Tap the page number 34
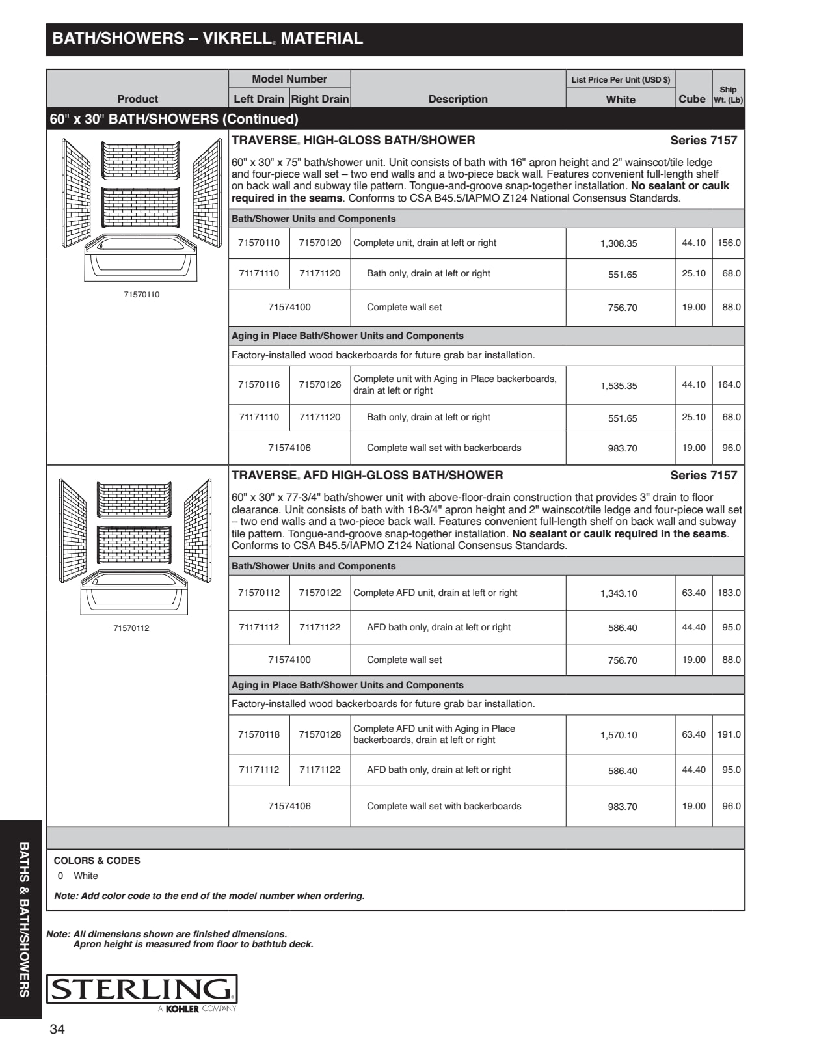(x=57, y=1029)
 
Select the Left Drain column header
(x=259, y=99)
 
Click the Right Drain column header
(x=320, y=99)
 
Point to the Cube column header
(x=691, y=99)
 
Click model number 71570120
(x=320, y=243)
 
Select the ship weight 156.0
(x=729, y=243)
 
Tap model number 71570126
(x=320, y=384)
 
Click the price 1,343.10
(x=619, y=593)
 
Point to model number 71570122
(x=320, y=593)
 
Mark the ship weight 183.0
(x=729, y=593)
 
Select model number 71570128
(x=320, y=734)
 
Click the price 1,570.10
(x=619, y=735)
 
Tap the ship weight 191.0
(x=729, y=734)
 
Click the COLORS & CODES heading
(x=97, y=861)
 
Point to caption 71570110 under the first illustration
(x=141, y=295)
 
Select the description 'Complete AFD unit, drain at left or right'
(x=435, y=593)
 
